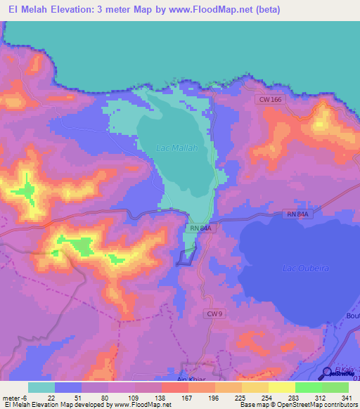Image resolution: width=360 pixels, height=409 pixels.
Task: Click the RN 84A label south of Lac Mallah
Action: coord(200,228)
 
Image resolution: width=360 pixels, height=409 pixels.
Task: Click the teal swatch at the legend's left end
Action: coord(41,387)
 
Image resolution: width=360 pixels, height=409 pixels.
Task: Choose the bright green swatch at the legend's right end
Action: coord(335,387)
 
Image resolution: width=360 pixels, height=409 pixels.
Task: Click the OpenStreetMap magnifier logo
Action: coord(328,373)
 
